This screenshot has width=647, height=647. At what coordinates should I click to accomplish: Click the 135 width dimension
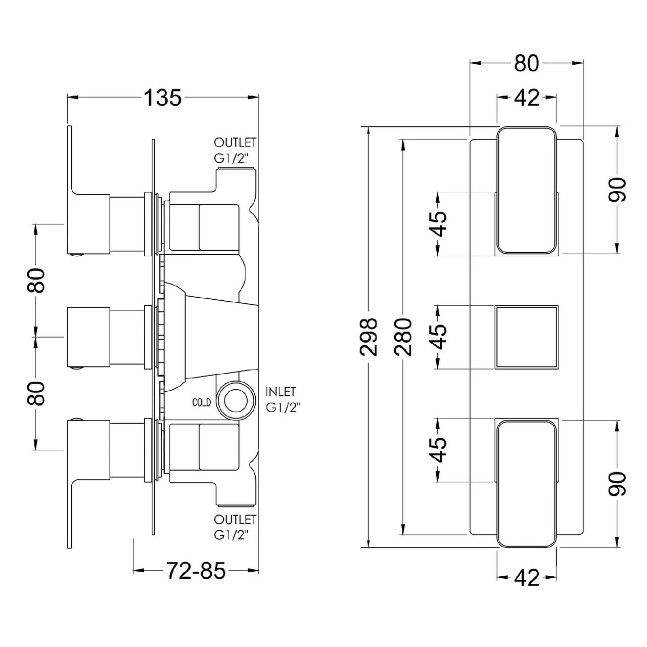163,98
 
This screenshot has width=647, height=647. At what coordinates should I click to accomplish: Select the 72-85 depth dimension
196,571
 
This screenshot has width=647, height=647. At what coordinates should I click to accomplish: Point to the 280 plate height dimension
403,337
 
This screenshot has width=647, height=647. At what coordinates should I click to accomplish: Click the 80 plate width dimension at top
526,64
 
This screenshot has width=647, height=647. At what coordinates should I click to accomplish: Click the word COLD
201,402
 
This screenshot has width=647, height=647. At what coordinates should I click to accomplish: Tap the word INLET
281,392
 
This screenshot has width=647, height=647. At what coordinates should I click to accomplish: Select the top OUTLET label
235,143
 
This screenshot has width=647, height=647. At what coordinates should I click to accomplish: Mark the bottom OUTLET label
235,520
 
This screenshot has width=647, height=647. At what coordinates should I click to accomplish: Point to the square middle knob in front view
526,337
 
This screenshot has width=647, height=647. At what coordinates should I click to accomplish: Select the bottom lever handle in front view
526,483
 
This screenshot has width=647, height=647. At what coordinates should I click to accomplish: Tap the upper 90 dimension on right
618,190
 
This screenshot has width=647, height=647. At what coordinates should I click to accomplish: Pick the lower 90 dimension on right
618,483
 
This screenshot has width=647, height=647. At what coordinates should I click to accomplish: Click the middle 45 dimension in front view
440,337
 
